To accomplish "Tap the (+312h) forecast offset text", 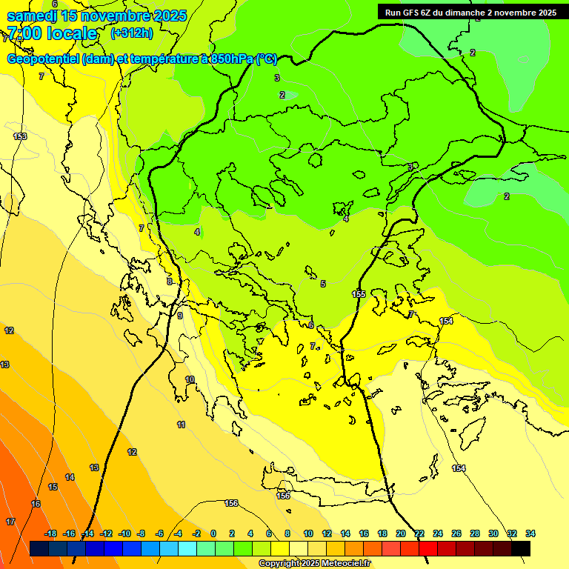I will pos(131,33).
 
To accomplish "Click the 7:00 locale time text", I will pos(52,33).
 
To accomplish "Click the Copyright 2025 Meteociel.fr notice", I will pos(314,564).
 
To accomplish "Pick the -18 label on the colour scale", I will pos(50,533).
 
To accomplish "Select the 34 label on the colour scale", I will pos(530,533).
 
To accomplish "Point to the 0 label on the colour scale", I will pos(213,533).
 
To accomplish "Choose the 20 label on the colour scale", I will pos(401,533).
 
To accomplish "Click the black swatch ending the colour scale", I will pos(521,548).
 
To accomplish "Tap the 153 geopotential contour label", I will pos(20,136).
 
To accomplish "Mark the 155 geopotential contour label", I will pos(359,294).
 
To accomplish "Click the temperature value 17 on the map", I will pos(10,522).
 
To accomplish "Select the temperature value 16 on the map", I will pos(36,504).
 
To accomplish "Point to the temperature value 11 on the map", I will pos(181,425).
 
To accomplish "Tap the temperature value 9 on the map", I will pos(179,316).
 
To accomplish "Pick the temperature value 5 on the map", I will pos(322,284).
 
